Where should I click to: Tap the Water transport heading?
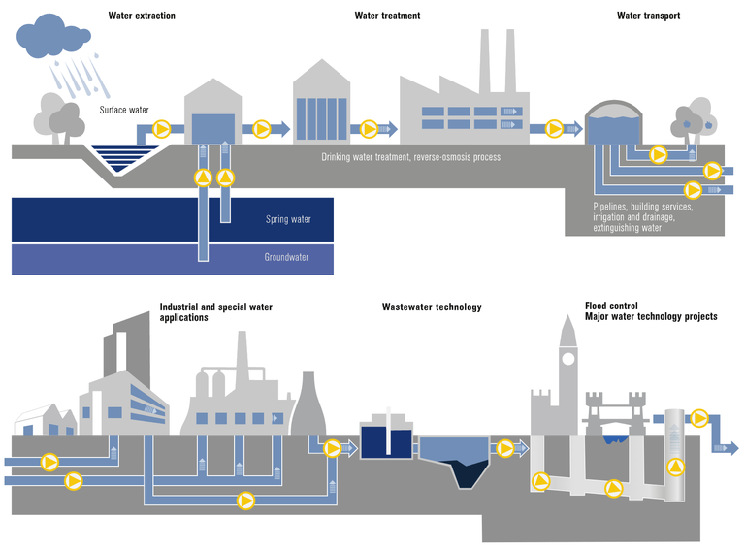(x=649, y=16)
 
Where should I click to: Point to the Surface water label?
(x=124, y=111)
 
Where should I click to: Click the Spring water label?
(x=288, y=219)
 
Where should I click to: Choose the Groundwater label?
(x=288, y=258)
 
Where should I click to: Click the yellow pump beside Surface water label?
(x=162, y=127)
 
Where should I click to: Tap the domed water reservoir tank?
(x=614, y=125)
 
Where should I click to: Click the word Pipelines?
(x=613, y=208)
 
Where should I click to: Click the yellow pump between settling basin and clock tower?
(x=504, y=448)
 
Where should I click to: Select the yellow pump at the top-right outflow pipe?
(x=698, y=418)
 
